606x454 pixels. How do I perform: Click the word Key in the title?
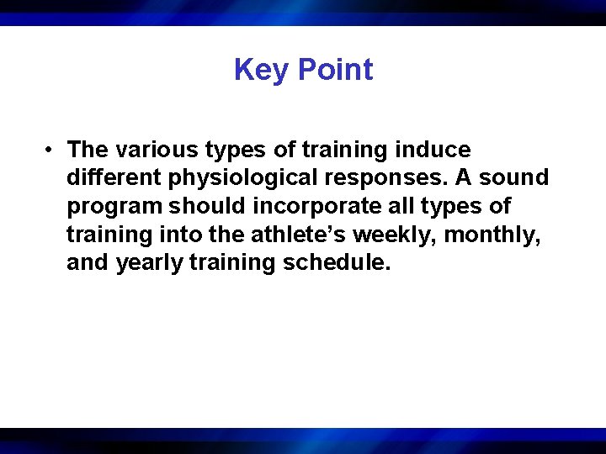pos(261,70)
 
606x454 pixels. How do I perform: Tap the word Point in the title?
pos(334,70)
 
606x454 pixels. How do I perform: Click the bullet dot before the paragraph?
pos(51,150)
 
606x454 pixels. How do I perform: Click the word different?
pos(108,178)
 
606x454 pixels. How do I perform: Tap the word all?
pos(396,206)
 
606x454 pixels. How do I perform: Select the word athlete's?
pos(276,235)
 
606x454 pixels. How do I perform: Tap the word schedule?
pos(337,262)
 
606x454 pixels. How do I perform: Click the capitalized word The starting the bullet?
pos(88,150)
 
